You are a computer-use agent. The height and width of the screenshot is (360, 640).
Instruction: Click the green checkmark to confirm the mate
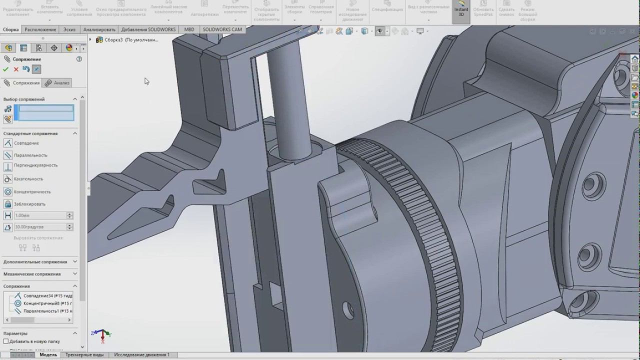[x=6, y=69]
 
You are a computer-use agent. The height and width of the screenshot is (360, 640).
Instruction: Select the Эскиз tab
[x=69, y=29]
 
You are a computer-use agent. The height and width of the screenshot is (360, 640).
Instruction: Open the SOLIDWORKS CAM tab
[x=222, y=29]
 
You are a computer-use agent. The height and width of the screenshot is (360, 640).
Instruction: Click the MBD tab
[x=189, y=29]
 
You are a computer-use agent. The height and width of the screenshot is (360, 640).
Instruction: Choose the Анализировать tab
[x=99, y=29]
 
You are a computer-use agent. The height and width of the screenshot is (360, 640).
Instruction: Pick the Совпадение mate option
[x=26, y=143]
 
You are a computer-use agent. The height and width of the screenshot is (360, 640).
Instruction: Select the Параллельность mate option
[x=30, y=155]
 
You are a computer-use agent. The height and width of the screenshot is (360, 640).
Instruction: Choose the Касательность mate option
[x=28, y=178]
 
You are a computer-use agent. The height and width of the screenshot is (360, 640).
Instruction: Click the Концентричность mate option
[x=32, y=191]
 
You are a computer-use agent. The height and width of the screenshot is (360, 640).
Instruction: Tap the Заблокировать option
[x=29, y=204]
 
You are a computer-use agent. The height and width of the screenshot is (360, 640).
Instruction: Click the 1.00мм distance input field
[x=39, y=215]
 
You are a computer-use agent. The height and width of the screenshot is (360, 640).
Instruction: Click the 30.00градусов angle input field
[x=39, y=227]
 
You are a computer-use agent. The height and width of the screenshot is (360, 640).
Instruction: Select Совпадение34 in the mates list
[x=45, y=295]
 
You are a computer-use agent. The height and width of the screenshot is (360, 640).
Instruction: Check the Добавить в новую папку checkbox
[x=6, y=341]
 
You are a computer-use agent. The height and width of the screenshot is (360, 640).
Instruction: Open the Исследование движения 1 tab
[x=141, y=355]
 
